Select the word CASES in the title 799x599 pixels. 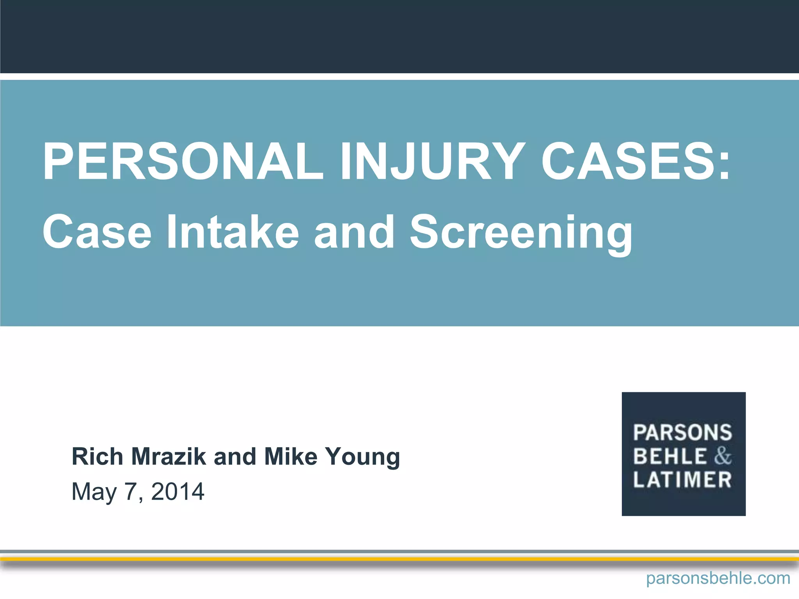[x=628, y=161]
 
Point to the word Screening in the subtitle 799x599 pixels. [x=521, y=233]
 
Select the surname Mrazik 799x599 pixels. [x=169, y=456]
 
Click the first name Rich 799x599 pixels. [x=97, y=456]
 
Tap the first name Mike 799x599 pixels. [x=291, y=456]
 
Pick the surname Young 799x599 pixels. [x=363, y=457]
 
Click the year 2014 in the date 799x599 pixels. [x=178, y=491]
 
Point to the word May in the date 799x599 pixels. [x=94, y=492]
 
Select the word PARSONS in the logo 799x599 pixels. [x=683, y=432]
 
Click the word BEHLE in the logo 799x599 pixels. [x=670, y=456]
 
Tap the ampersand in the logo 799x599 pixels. [x=723, y=456]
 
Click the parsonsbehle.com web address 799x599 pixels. [x=718, y=578]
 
